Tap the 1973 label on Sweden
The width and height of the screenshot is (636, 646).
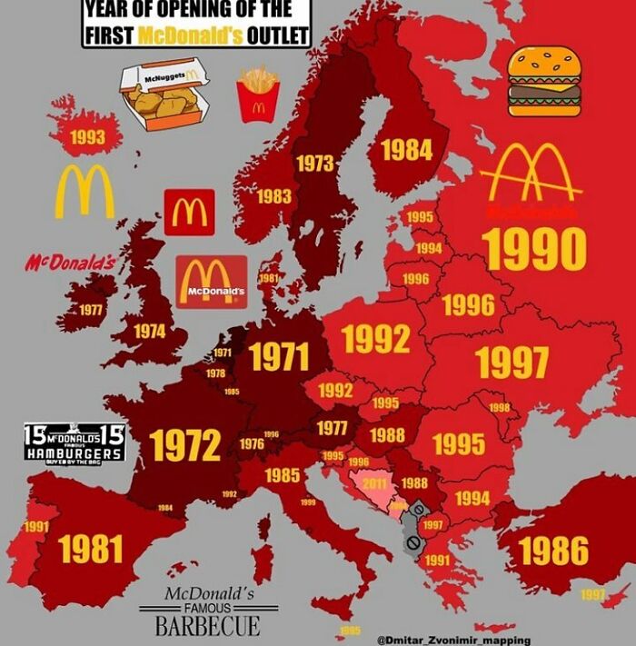[x=315, y=164]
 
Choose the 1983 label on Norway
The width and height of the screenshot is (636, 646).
[x=273, y=196]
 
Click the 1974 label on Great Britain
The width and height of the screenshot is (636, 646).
[x=149, y=332]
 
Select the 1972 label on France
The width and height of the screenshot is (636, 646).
[x=185, y=444]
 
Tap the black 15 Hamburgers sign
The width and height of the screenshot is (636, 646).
[x=74, y=442]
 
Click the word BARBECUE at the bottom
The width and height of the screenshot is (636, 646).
[x=207, y=626]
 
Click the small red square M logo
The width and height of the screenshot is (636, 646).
[x=190, y=212]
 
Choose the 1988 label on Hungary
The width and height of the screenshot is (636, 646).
[x=386, y=434]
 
